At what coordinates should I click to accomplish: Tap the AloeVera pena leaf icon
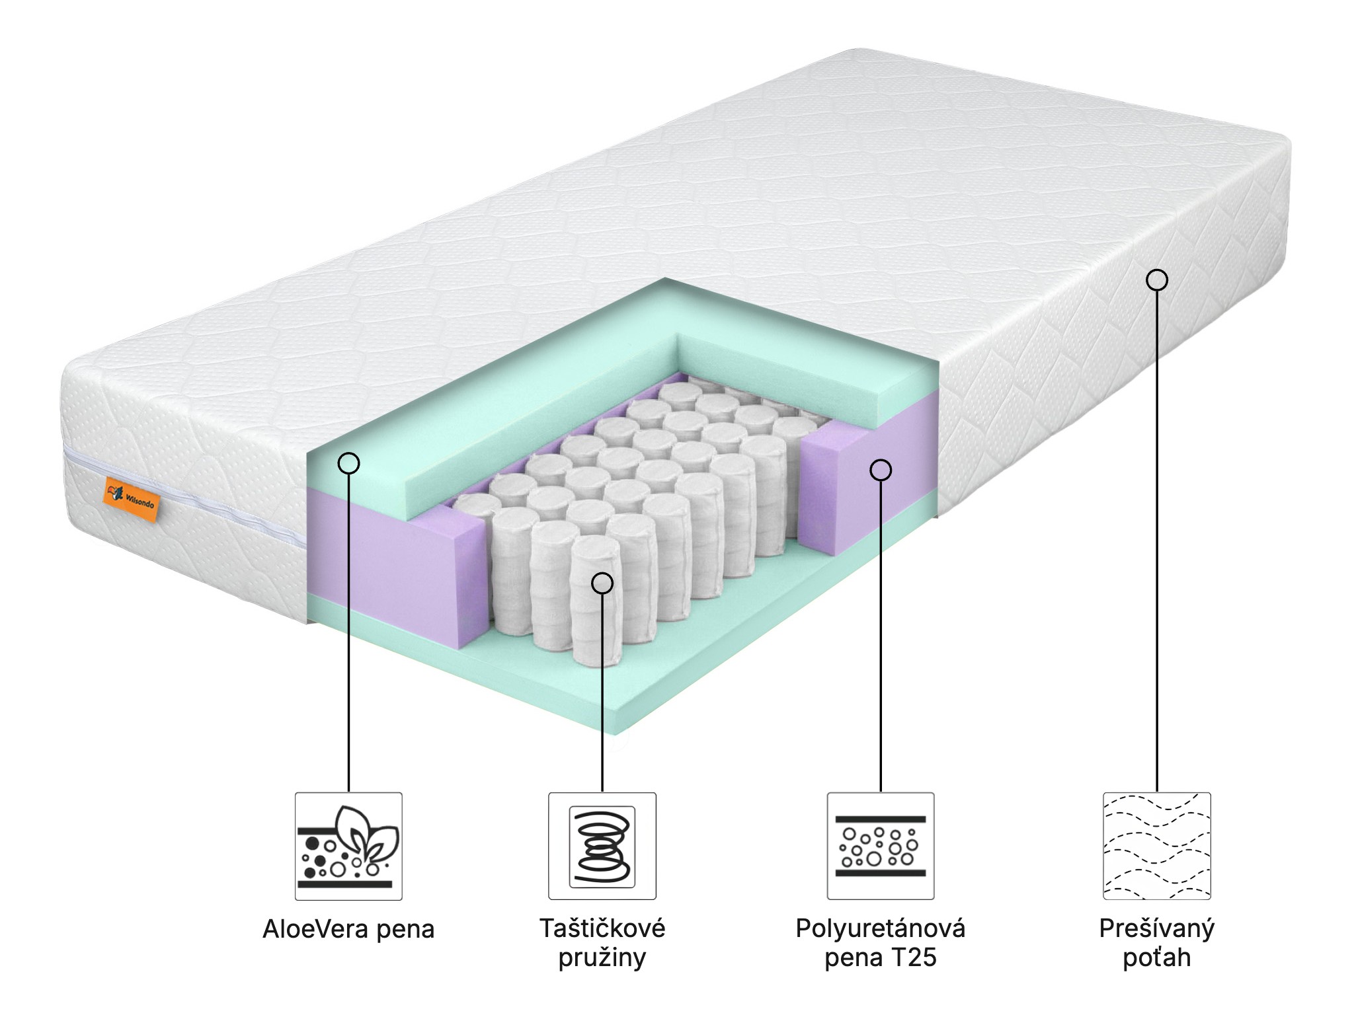pos(348,846)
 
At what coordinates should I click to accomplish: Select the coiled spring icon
pos(602,846)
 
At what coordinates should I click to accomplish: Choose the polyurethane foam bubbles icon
pos(881,846)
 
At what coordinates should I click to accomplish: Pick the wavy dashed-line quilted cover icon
pos(1156,846)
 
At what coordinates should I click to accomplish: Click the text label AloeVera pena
pos(348,929)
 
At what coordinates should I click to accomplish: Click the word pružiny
pos(602,958)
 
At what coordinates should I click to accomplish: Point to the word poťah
pos(1156,958)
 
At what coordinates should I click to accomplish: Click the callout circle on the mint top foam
pos(348,463)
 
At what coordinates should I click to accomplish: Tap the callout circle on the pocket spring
pos(602,583)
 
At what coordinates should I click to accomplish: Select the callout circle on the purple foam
pos(881,470)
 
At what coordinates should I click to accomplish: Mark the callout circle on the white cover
pos(1156,280)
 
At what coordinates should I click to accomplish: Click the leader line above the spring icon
pos(602,694)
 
